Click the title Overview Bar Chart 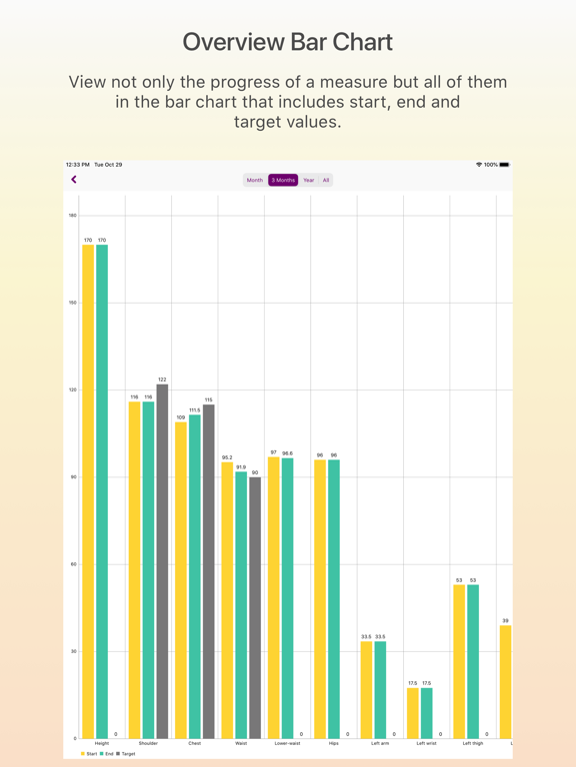coord(288,42)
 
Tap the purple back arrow coord(74,180)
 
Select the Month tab coord(255,181)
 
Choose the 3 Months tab coord(283,181)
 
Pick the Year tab coord(309,181)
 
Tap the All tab coord(326,181)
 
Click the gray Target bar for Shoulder coord(162,559)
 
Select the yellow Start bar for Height coord(88,489)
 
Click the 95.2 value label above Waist coord(227,457)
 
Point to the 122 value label coord(162,380)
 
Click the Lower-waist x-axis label coord(287,744)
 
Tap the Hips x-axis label coord(334,744)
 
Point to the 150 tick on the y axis coord(72,303)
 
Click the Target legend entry coord(126,754)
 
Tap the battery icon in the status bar coord(504,165)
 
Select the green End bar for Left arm coord(380,689)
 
